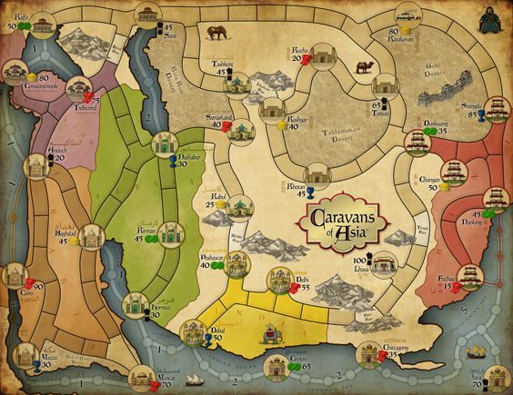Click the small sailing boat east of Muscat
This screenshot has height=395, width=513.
(194, 380)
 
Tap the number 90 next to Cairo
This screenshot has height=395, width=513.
(38, 287)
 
